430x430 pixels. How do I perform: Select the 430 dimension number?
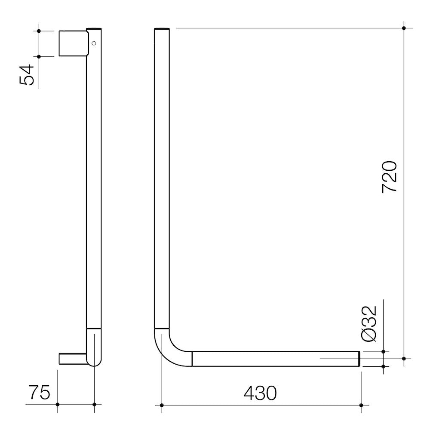point(260,393)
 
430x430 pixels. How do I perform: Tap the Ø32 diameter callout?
point(369,324)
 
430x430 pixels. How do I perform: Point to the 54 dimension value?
point(27,74)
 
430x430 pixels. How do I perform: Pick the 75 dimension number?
point(40,393)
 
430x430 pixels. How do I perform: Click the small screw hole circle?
point(94,43)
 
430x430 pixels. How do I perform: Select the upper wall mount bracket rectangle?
point(74,43)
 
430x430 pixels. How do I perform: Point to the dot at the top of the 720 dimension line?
point(404,28)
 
